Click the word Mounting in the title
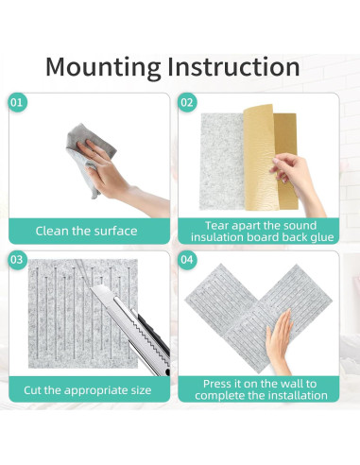click(103, 68)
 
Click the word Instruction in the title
click(233, 66)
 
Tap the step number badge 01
click(17, 102)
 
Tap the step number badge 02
click(187, 102)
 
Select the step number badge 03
click(17, 260)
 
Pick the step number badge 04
click(187, 260)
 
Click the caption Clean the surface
click(86, 231)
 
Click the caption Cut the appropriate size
click(88, 390)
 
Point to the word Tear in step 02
click(216, 226)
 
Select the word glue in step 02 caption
click(322, 237)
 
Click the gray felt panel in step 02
click(222, 162)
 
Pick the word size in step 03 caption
click(141, 390)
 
